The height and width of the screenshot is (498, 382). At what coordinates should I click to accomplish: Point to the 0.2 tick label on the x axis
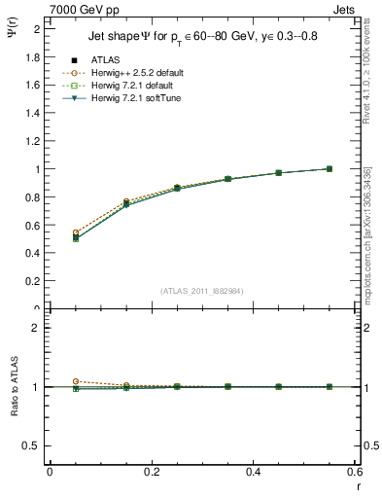click(152, 472)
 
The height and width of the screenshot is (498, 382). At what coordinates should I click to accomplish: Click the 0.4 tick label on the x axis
click(254, 472)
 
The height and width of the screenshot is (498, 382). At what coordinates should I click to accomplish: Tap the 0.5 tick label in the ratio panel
click(31, 445)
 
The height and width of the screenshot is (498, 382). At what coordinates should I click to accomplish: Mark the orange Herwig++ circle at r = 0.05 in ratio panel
click(75, 381)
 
